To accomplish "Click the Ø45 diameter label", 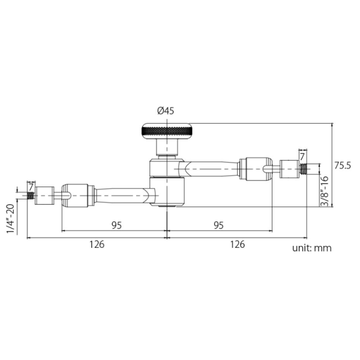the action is [x=166, y=111].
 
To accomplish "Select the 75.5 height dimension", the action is [x=343, y=166].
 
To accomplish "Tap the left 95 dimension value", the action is [x=116, y=226].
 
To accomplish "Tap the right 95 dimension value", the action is [x=218, y=226].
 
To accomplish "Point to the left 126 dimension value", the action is [x=97, y=244].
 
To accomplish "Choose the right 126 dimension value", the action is [x=238, y=244].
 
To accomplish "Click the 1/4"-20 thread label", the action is [x=11, y=218].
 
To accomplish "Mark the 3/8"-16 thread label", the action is [x=325, y=191].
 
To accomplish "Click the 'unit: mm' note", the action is [x=312, y=248].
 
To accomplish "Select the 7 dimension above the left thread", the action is [x=31, y=187].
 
